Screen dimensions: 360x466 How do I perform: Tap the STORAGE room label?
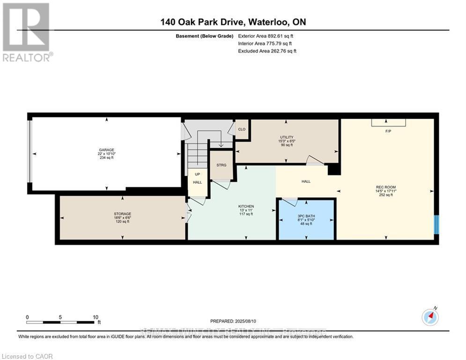tap(122, 214)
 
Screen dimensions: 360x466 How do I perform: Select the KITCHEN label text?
tap(246, 206)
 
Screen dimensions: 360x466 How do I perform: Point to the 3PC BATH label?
tap(306, 216)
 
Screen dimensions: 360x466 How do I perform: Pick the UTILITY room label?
tap(286, 137)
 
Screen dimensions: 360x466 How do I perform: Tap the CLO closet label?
tap(242, 129)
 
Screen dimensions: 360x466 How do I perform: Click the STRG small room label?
tap(221, 165)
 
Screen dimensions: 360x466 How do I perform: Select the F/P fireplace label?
tap(388, 131)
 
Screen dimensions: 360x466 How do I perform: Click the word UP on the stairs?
tap(197, 174)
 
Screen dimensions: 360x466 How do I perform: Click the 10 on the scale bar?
tap(95, 317)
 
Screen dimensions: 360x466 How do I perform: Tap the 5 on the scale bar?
tap(60, 317)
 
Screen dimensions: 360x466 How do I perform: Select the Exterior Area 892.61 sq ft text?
tap(266, 36)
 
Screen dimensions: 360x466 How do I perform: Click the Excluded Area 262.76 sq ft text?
tap(267, 51)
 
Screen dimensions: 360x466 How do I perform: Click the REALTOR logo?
tap(28, 32)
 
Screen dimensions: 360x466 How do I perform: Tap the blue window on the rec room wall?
tap(436, 225)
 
